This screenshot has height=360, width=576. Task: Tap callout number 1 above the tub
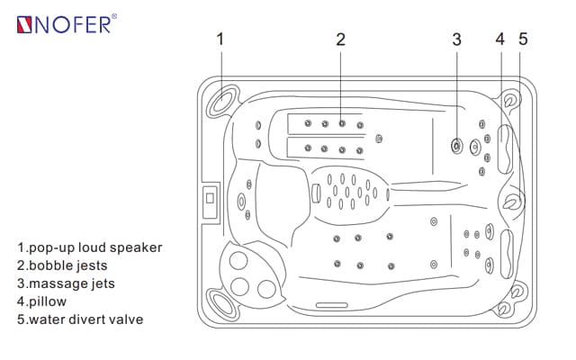(x=220, y=39)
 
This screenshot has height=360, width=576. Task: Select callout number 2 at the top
(x=341, y=39)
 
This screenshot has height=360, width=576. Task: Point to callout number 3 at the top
(x=456, y=39)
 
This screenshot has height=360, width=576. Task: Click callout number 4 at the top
(x=500, y=39)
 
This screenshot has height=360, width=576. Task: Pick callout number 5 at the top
(x=523, y=39)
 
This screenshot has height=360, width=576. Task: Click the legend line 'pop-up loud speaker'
(x=90, y=247)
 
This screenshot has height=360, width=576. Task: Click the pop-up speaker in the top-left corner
(x=221, y=102)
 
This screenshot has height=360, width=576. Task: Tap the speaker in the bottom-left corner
(x=220, y=301)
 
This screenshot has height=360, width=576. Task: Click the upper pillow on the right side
(x=505, y=148)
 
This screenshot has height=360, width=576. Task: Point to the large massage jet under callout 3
(x=457, y=144)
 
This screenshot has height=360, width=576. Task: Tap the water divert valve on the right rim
(x=512, y=202)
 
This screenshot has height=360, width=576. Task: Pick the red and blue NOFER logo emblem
(x=24, y=23)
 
